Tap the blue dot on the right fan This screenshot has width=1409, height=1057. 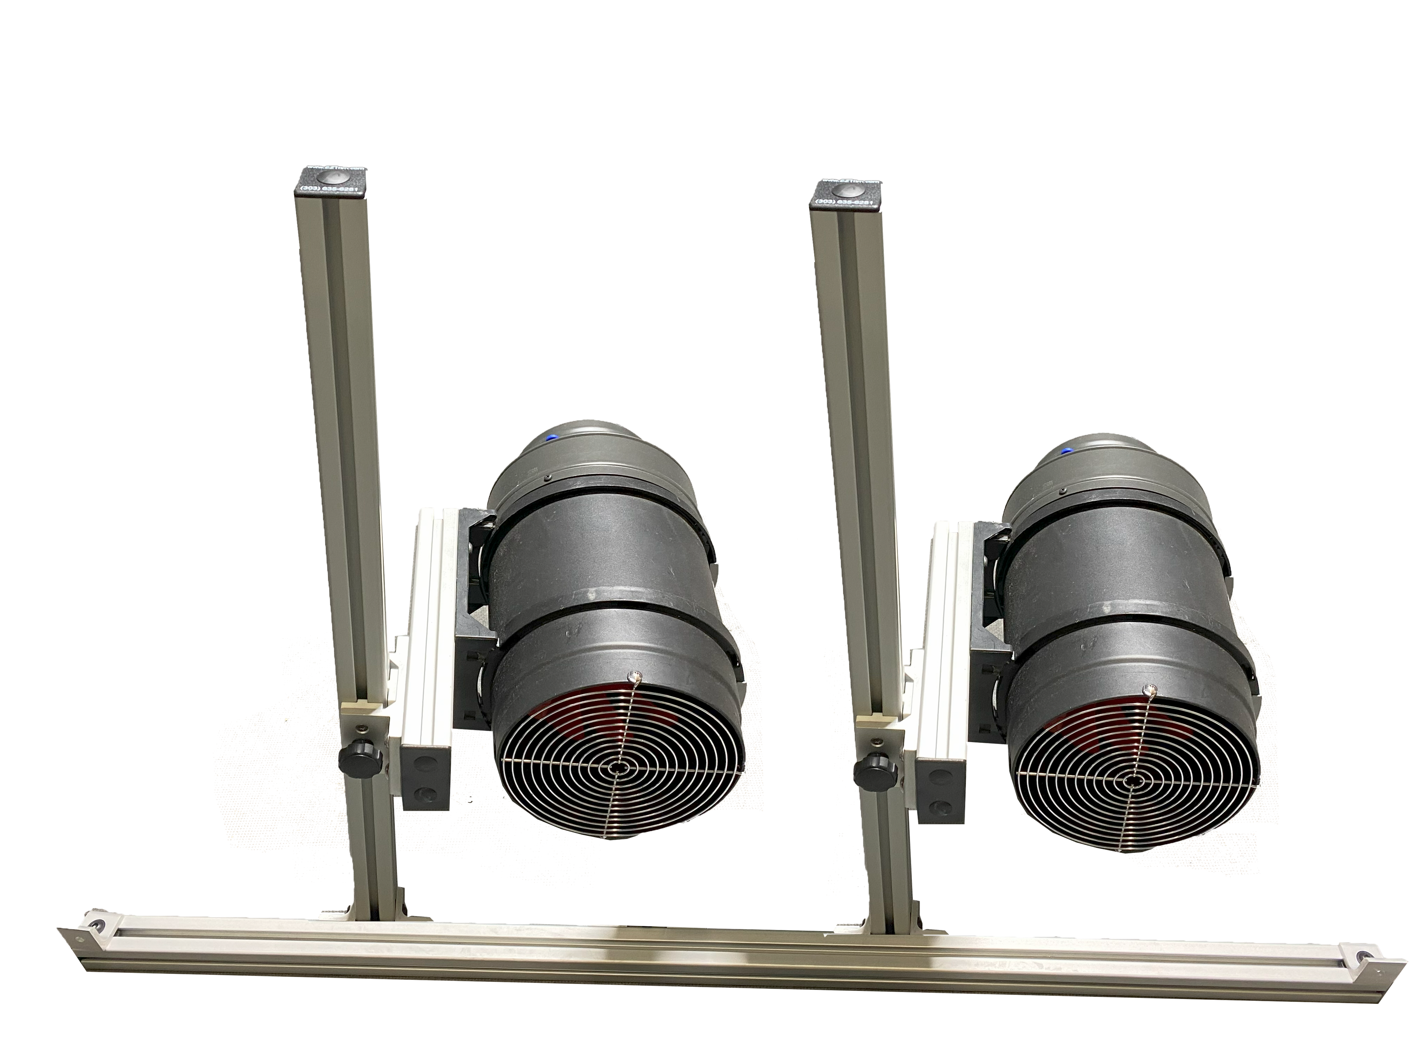click(x=1065, y=451)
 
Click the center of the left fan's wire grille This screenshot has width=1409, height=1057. click(x=616, y=769)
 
